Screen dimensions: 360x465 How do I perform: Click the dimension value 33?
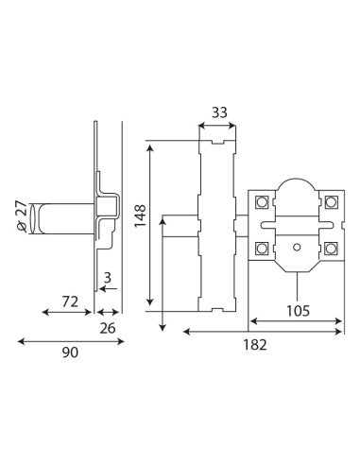[x=219, y=112]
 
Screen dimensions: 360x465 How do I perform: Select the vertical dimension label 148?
[x=141, y=215]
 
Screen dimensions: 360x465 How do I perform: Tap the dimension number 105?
[x=298, y=311]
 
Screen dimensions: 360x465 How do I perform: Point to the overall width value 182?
[x=255, y=345]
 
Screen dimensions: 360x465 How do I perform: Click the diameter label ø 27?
[x=23, y=217]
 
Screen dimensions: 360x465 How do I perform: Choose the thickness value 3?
[x=108, y=278]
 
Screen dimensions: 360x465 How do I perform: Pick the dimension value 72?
[x=70, y=301]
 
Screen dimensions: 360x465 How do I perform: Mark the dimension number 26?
[x=108, y=329]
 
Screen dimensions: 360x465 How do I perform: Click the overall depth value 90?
[x=70, y=353]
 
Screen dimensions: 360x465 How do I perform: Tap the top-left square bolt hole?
[x=262, y=201]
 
